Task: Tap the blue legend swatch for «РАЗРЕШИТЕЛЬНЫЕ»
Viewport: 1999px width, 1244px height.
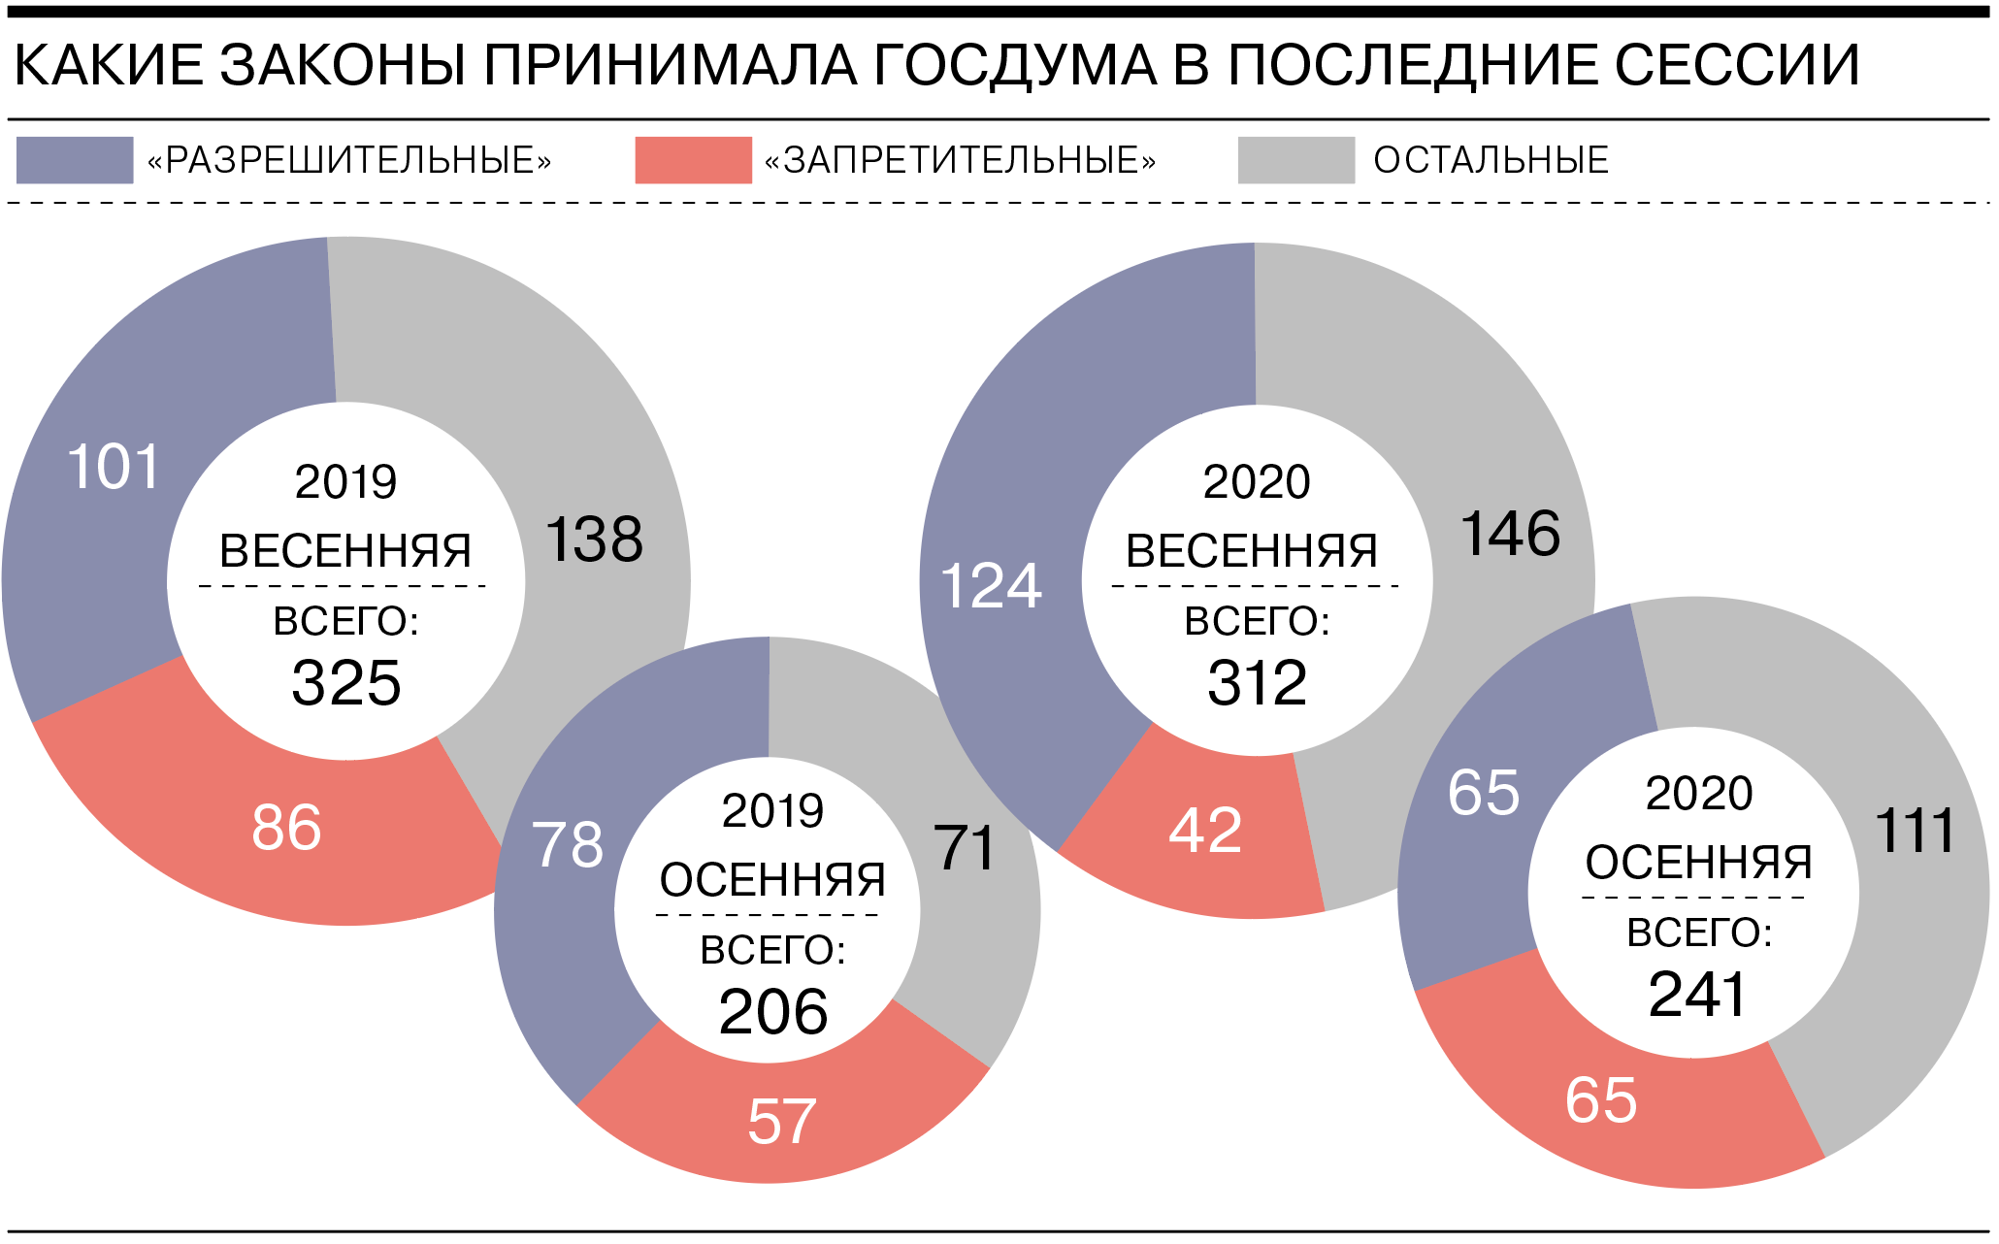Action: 75,160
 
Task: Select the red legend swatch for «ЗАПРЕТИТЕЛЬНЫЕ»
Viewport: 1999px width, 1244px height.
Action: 693,160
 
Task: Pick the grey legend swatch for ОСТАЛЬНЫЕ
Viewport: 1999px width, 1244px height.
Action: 1295,160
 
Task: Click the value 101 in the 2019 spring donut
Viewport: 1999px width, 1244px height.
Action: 114,467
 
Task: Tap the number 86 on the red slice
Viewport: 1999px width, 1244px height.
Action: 286,828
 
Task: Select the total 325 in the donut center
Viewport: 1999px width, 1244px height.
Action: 346,682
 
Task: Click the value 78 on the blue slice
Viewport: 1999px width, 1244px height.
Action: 568,844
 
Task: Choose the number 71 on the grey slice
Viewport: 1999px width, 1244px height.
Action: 965,848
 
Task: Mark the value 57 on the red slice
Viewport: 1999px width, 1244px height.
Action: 782,1122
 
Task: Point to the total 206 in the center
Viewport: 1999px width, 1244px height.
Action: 773,1011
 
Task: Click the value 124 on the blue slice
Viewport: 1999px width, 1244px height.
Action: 991,586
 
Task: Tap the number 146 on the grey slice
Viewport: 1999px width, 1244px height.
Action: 1510,533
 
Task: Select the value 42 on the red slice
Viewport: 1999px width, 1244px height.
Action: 1205,831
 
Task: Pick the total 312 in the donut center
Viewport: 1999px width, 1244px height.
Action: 1258,682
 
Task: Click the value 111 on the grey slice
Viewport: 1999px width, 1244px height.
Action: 1915,831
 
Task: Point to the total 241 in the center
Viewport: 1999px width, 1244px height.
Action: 1698,994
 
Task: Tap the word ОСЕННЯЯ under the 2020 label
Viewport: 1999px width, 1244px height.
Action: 1698,862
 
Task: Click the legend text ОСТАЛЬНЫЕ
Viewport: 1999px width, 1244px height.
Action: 1491,160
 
